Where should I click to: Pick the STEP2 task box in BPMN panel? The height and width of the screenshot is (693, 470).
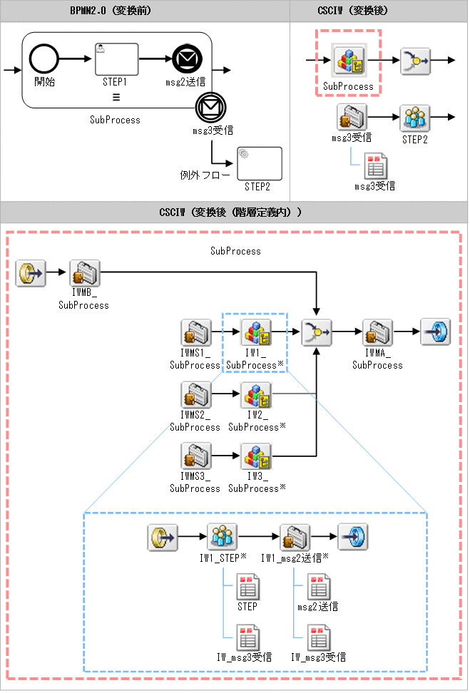coord(260,163)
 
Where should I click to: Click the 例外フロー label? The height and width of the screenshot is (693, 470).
coord(205,174)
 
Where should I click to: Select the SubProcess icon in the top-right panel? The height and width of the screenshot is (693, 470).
coord(348,62)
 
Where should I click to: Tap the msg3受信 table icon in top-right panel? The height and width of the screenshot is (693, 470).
coord(375,166)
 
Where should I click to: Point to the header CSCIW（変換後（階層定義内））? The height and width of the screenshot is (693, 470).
coord(235,212)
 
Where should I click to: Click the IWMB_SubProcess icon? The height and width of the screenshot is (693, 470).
coord(85,273)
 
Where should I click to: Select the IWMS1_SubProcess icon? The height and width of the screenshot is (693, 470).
coord(195,333)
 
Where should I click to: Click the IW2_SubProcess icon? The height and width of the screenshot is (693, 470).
coord(256,395)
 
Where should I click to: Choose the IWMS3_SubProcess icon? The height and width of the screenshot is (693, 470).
coord(195,456)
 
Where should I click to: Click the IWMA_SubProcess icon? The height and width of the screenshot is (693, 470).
coord(377,333)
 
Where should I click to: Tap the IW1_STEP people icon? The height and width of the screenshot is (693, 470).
coord(222,537)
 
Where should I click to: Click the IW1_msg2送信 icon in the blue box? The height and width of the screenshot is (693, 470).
coord(294,537)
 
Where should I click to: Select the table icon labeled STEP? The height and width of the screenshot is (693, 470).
coord(247,588)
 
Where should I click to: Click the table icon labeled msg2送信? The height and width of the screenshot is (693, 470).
coord(317,588)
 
